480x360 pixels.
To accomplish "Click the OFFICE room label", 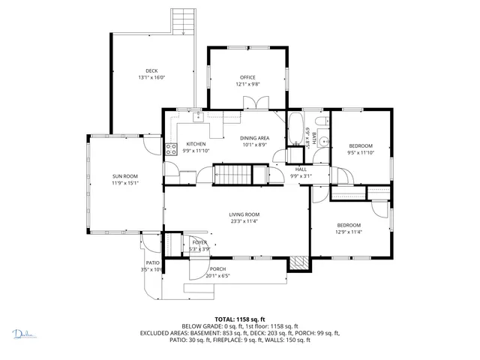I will (247, 77).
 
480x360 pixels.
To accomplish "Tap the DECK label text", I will (151, 71).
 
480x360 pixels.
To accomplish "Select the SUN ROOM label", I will (125, 176).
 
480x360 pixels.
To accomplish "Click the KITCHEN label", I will (196, 144).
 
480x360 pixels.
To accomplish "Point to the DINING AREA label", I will (254, 138).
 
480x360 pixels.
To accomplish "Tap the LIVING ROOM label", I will (244, 215).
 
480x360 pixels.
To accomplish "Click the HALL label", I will (301, 169).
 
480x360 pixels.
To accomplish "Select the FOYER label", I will (199, 242).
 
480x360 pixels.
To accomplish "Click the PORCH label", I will (217, 269).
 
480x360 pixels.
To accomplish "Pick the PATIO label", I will (152, 262).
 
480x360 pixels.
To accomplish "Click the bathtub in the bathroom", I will (295, 132).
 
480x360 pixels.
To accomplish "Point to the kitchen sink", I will (197, 116).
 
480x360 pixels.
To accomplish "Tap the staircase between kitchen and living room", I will (233, 175).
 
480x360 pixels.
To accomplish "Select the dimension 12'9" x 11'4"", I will (349, 232).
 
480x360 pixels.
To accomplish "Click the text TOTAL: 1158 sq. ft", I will (240, 319).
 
